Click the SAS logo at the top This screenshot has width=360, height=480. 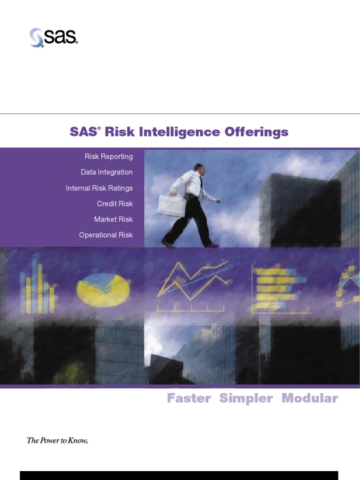(x=53, y=37)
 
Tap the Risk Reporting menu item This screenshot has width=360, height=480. (x=108, y=157)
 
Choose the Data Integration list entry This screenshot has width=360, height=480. (x=106, y=172)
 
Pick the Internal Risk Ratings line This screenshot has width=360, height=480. (x=99, y=188)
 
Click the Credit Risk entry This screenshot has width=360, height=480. (x=115, y=203)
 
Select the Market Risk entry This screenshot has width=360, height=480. (x=113, y=219)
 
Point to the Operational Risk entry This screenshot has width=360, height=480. (x=105, y=235)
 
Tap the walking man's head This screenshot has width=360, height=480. (x=199, y=168)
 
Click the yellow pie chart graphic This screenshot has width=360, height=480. (x=103, y=287)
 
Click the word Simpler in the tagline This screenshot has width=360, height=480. (x=246, y=398)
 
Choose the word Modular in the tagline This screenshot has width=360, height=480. (x=309, y=398)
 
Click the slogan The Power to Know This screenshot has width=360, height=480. (x=57, y=440)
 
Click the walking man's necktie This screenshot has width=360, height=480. (x=201, y=186)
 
